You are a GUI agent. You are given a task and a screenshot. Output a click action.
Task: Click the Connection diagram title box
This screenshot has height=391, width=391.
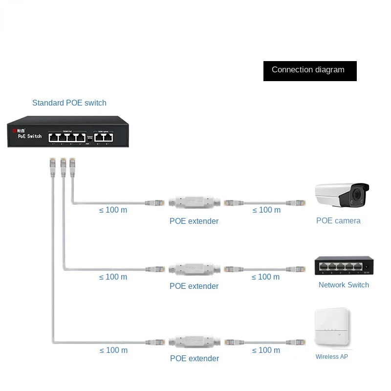310,71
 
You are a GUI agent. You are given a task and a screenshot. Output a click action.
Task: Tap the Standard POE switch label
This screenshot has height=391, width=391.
69,103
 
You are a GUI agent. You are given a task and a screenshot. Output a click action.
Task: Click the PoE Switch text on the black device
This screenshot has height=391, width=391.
30,136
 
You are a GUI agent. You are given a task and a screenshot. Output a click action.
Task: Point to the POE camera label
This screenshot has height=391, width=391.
338,221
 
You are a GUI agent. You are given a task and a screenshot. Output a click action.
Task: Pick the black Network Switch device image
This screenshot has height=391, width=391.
343,265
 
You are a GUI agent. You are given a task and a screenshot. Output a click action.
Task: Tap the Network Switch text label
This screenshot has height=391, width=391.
344,285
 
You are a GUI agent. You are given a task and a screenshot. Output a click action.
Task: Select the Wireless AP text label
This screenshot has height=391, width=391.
331,357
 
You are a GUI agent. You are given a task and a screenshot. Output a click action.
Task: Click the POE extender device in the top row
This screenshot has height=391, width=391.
194,201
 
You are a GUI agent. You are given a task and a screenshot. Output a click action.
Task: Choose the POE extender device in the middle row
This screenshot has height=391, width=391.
194,269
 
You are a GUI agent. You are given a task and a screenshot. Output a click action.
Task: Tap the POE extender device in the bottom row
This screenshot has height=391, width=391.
194,341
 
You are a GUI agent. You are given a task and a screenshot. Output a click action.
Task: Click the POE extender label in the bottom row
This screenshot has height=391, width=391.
195,359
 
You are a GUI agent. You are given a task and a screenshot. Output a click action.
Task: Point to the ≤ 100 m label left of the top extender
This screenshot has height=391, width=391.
113,210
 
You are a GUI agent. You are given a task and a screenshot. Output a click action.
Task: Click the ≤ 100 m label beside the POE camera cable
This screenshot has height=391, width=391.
266,210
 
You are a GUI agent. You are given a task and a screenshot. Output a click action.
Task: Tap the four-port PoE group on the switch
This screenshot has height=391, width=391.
67,137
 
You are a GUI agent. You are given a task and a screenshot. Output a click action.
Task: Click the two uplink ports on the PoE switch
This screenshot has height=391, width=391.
103,137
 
